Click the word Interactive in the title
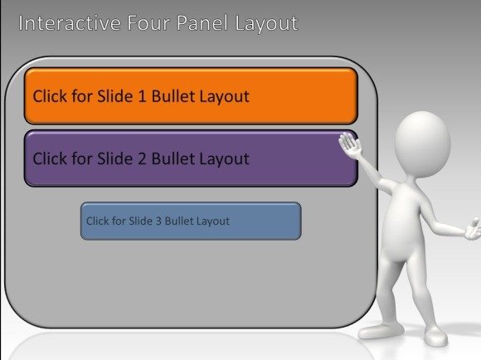70,23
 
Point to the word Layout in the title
266,24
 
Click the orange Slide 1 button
191,96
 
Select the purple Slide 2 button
191,158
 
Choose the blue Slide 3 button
191,221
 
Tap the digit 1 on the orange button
142,96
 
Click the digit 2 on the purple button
142,158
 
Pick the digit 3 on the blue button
158,221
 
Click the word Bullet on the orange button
174,96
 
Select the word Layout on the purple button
225,159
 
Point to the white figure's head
422,144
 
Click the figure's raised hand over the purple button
350,145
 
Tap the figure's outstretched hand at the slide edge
474,229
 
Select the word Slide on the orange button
115,96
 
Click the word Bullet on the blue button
175,221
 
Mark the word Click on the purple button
50,158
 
